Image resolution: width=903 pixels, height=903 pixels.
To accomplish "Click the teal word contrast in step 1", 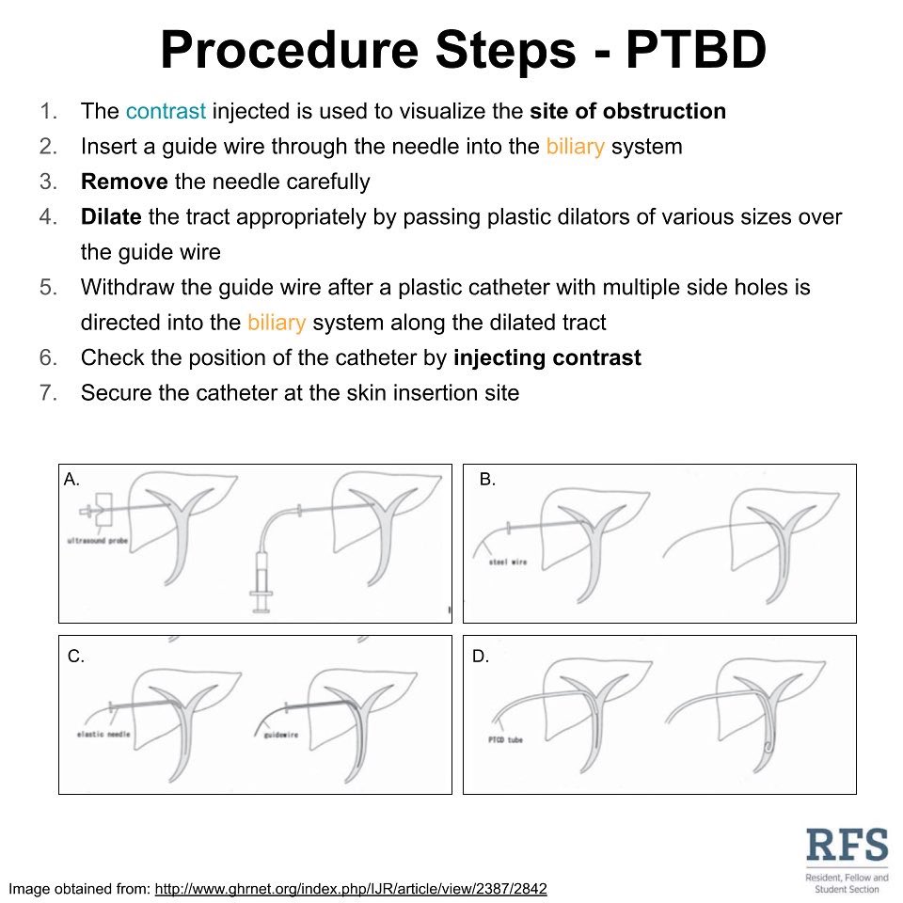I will pyautogui.click(x=166, y=111).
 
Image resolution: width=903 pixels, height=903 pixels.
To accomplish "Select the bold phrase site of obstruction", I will pyautogui.click(x=627, y=111).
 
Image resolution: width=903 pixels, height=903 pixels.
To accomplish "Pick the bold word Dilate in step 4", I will pyautogui.click(x=111, y=217).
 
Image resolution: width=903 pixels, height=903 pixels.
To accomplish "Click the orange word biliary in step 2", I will pyautogui.click(x=576, y=147).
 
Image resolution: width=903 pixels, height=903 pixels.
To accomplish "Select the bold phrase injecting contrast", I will pyautogui.click(x=547, y=357).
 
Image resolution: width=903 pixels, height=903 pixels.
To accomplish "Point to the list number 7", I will pyautogui.click(x=49, y=392).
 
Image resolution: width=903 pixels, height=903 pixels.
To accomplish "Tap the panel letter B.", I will pyautogui.click(x=487, y=480).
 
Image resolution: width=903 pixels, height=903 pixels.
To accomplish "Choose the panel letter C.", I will pyautogui.click(x=76, y=657).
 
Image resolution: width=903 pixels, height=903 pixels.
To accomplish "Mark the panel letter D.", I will pyautogui.click(x=481, y=657).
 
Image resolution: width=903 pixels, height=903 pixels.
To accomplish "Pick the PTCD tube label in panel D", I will pyautogui.click(x=503, y=740).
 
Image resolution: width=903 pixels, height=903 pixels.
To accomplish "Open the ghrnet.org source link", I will pyautogui.click(x=351, y=888).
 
